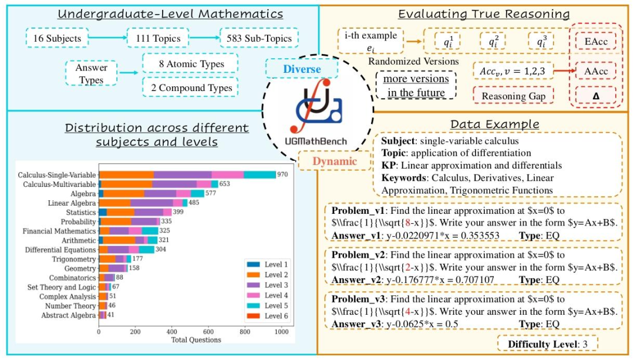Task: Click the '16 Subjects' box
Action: click(57, 39)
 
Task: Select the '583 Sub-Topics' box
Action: click(259, 39)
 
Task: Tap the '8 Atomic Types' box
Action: click(190, 64)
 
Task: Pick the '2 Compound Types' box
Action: click(190, 88)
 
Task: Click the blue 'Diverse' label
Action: click(302, 69)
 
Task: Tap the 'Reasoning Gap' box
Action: click(514, 95)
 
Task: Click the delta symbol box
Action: click(595, 95)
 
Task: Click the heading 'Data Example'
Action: click(494, 124)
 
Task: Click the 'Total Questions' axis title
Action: click(196, 339)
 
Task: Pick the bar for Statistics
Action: click(135, 212)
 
